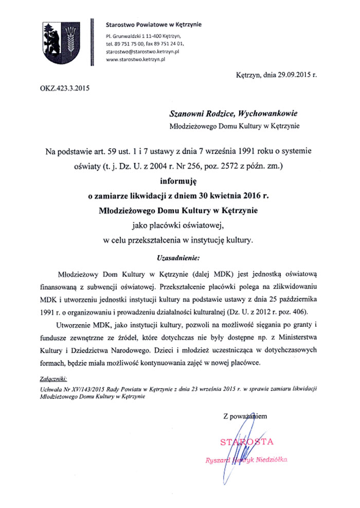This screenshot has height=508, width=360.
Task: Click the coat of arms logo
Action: click(61, 44)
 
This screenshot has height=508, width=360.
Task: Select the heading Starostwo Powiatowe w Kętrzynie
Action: click(153, 24)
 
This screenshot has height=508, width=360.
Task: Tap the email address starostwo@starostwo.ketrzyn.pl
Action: click(142, 52)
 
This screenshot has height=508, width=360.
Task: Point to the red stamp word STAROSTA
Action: click(247, 442)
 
